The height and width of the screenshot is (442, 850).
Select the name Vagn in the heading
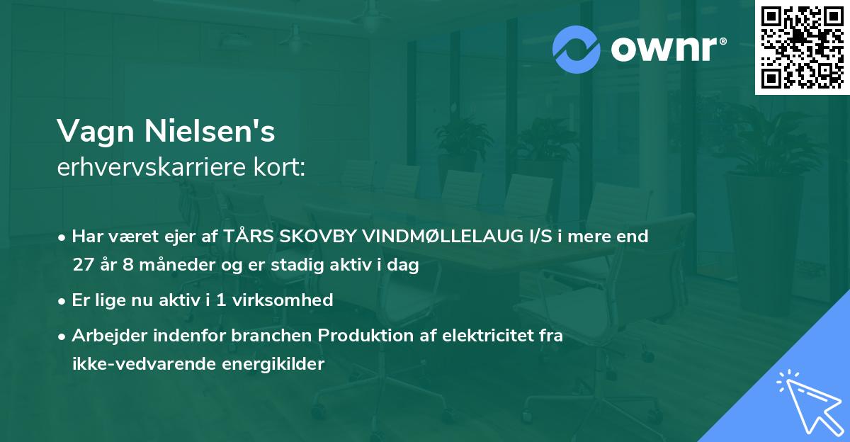[x=95, y=131]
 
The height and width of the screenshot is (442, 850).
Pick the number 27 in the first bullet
[x=83, y=266]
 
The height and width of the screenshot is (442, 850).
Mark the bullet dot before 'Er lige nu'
[x=63, y=300]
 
